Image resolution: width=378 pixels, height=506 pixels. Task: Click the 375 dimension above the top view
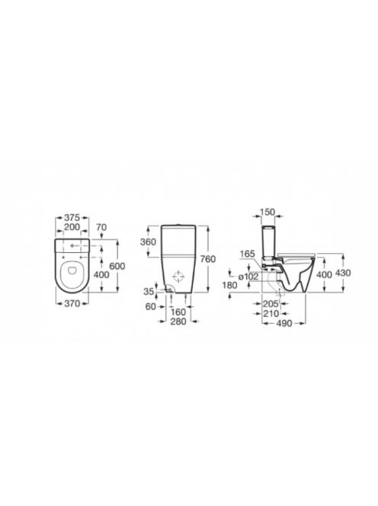pos(72,217)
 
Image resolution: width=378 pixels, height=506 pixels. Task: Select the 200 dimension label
pos(72,227)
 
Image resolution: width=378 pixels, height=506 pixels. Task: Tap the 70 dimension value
pos(101,227)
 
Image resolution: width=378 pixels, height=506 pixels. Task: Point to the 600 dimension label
pos(117,266)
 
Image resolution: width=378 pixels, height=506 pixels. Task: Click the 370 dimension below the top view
pos(72,303)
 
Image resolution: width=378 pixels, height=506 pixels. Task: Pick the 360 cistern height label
pos(148,242)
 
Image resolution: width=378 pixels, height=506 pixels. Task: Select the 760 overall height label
pos(207,259)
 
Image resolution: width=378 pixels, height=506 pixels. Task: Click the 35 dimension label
pos(149,292)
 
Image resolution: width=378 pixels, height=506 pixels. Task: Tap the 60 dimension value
pos(151,306)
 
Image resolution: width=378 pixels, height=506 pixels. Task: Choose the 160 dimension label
pos(178,312)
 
